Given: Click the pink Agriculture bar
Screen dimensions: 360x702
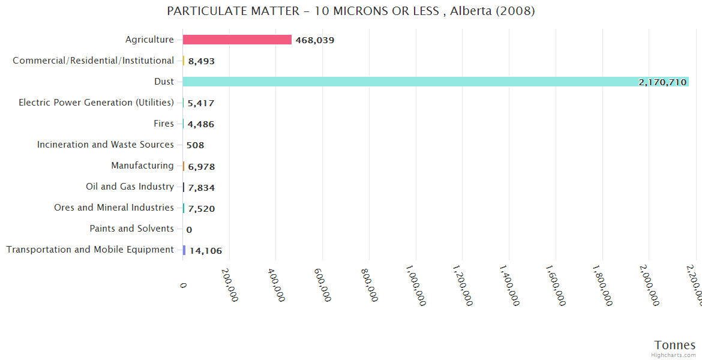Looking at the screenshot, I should point(237,40).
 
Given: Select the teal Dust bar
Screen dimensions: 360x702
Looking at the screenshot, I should point(435,82).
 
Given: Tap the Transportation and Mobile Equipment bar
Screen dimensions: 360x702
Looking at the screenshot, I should point(184,250).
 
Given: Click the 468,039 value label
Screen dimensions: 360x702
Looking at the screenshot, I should point(315,40).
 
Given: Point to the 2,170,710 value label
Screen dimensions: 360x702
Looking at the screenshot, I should point(662,82).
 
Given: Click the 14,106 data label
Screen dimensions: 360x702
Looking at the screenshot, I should point(206,251).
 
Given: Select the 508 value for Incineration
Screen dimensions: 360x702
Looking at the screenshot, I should point(196,145).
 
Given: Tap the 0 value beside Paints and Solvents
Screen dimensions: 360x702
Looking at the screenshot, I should point(189,230).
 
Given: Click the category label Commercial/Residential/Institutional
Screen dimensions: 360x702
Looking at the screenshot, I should point(93,61).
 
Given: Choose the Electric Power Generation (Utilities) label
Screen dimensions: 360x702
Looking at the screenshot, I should point(96,103).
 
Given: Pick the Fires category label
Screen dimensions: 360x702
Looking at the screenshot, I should point(164,124).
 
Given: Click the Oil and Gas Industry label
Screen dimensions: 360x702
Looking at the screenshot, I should point(130,187).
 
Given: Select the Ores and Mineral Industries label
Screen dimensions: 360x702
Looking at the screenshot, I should point(114,208).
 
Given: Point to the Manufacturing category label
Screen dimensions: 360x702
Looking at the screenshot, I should point(142,166).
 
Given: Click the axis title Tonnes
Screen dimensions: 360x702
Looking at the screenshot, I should point(675,345).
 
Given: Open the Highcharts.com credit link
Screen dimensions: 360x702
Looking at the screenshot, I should point(674,355).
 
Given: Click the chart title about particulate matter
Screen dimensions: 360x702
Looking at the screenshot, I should point(351,11).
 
